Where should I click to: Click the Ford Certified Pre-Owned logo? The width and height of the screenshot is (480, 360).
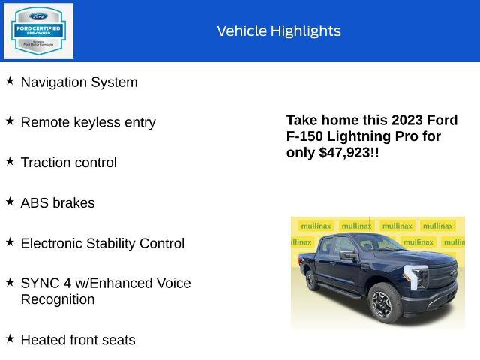point(39,31)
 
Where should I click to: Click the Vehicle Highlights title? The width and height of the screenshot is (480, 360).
point(278,31)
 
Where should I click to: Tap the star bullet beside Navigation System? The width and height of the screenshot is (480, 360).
point(10,80)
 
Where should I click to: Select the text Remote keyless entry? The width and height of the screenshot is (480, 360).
point(88,122)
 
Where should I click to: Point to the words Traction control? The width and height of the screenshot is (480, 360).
point(68,163)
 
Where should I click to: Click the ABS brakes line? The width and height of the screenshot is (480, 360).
point(58,203)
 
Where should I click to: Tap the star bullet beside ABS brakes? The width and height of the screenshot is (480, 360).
point(10,202)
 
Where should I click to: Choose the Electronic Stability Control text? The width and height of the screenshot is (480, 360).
point(102,244)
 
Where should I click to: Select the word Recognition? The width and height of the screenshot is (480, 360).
point(57,299)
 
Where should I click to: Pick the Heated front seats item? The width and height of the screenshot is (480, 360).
point(78,340)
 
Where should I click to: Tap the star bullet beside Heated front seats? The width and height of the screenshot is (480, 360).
point(10,338)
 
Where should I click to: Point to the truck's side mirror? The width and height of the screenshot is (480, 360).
point(348,254)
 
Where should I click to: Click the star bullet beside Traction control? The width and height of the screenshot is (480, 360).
point(10,161)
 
